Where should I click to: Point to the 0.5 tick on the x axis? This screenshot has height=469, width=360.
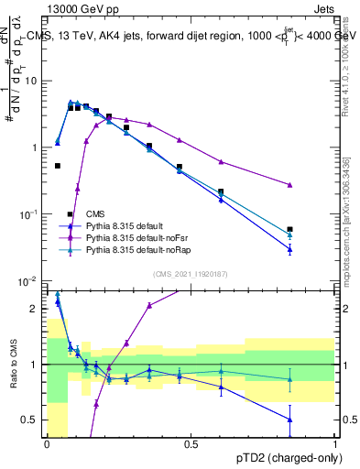pyautogui.click(x=191, y=444)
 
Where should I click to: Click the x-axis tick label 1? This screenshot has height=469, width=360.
pyautogui.click(x=335, y=444)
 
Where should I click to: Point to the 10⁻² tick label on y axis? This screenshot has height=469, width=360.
pyautogui.click(x=30, y=280)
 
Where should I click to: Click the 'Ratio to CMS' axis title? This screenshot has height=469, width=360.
pyautogui.click(x=14, y=364)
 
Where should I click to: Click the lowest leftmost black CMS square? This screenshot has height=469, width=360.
pyautogui.click(x=58, y=166)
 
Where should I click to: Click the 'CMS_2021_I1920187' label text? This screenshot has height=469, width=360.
pyautogui.click(x=191, y=273)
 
